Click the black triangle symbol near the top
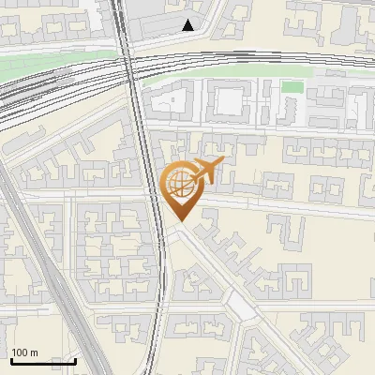188,25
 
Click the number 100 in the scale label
21,352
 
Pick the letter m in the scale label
35,352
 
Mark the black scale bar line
43,361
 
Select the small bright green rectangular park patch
292,87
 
